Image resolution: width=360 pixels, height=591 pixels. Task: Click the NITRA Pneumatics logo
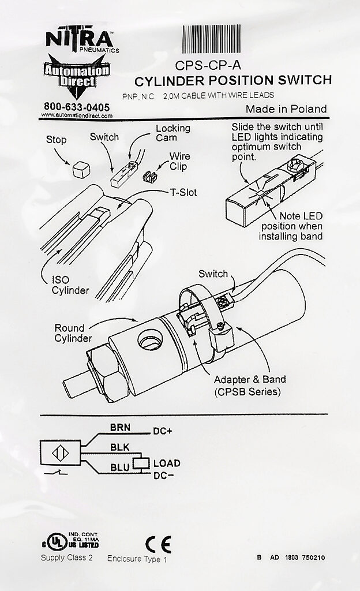click(80, 41)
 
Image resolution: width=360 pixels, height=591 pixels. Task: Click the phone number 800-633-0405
click(77, 107)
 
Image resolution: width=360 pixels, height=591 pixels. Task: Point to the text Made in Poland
click(286, 109)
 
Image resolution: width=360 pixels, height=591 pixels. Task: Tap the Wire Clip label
click(179, 161)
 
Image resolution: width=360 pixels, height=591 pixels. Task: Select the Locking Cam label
click(172, 133)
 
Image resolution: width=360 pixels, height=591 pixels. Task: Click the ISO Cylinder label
click(70, 285)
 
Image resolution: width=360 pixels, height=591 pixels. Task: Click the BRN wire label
click(121, 428)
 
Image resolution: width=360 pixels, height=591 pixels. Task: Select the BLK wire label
click(119, 447)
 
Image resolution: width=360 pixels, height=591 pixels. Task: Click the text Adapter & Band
click(250, 380)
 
